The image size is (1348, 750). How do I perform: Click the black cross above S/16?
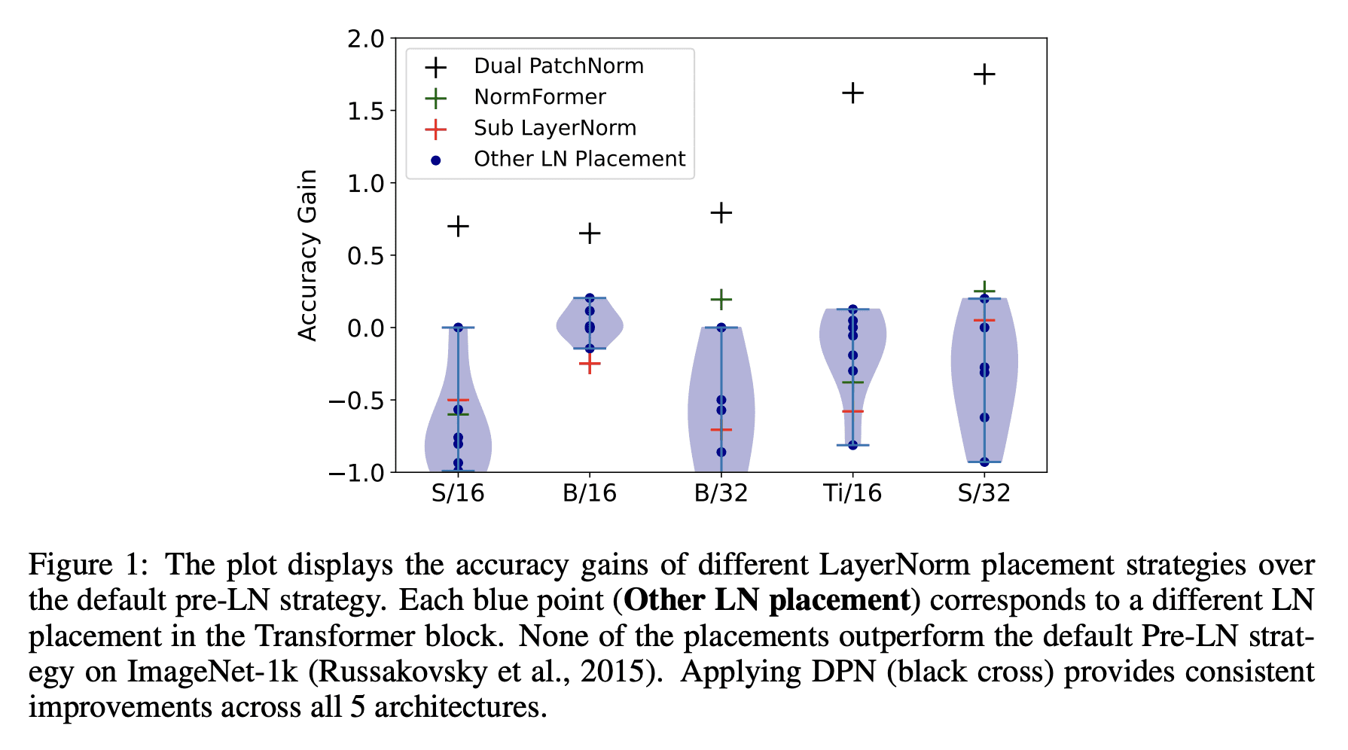pos(458,226)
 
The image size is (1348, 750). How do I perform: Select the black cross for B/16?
pos(590,233)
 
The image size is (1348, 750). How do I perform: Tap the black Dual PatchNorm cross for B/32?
pos(721,213)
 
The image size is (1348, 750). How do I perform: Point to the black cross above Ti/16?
pos(852,93)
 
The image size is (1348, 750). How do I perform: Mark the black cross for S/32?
pos(984,75)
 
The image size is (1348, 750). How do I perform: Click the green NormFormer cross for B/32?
pos(721,300)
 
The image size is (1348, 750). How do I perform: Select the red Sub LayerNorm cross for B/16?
pos(590,364)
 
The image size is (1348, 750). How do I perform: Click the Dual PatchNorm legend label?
pos(559,66)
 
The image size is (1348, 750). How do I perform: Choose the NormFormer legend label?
pos(540,97)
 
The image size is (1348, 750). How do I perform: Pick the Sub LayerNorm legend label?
pos(555,128)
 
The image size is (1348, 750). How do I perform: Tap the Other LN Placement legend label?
pos(579,159)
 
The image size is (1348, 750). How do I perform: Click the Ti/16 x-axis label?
pos(852,493)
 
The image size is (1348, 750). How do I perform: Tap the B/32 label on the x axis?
pos(721,493)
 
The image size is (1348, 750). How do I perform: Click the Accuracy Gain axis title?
pos(307,255)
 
